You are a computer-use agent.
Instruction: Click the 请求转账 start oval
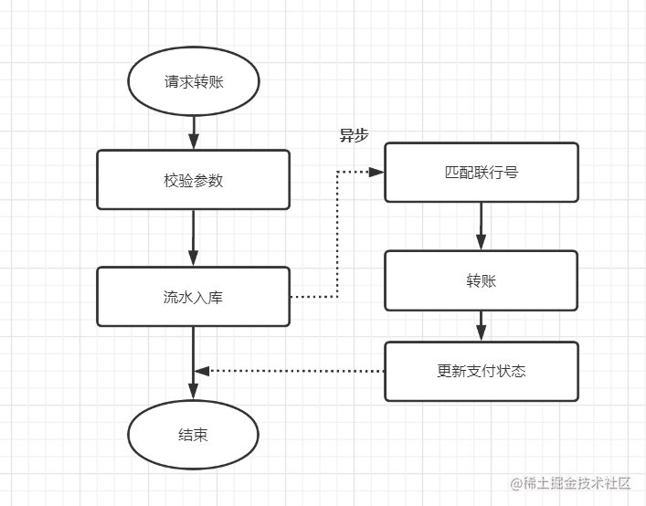(193, 82)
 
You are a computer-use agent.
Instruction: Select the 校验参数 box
(193, 180)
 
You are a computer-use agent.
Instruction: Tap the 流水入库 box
(193, 297)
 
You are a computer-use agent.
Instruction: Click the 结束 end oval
(193, 435)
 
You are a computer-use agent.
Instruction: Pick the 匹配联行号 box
(481, 172)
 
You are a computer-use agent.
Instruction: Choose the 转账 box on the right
(481, 280)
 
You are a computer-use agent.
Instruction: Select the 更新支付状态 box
(481, 371)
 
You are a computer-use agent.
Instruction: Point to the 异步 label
(354, 136)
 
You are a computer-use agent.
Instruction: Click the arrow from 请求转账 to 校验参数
(193, 132)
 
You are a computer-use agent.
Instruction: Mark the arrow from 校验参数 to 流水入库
(193, 237)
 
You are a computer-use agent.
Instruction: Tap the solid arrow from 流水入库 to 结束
(193, 352)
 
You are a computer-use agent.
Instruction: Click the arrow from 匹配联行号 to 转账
(481, 226)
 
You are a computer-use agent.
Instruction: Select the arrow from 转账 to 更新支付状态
(481, 326)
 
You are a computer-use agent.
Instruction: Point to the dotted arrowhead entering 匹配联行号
(376, 172)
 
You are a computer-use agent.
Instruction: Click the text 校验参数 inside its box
(193, 180)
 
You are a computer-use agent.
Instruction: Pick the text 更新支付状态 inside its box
(481, 371)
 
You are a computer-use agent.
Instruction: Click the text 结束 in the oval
(193, 435)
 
